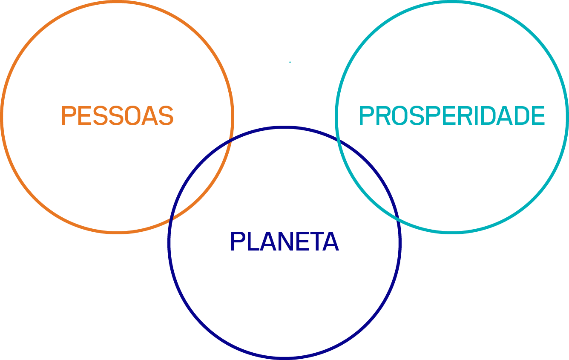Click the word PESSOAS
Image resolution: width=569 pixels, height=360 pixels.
point(118,115)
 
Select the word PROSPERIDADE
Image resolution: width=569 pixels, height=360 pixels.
point(452,115)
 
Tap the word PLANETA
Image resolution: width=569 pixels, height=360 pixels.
point(284,241)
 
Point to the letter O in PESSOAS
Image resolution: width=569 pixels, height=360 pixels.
point(133,115)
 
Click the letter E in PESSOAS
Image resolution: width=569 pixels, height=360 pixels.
point(85,115)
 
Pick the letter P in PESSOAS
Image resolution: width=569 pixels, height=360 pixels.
point(68,115)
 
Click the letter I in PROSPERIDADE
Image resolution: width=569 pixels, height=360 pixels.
point(482,115)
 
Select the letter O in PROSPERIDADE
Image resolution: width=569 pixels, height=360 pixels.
point(399,115)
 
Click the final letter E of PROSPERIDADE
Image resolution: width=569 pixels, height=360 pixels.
point(538,115)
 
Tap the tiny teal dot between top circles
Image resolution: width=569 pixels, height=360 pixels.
point(290,62)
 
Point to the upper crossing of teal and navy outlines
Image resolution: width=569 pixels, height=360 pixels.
point(338,139)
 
